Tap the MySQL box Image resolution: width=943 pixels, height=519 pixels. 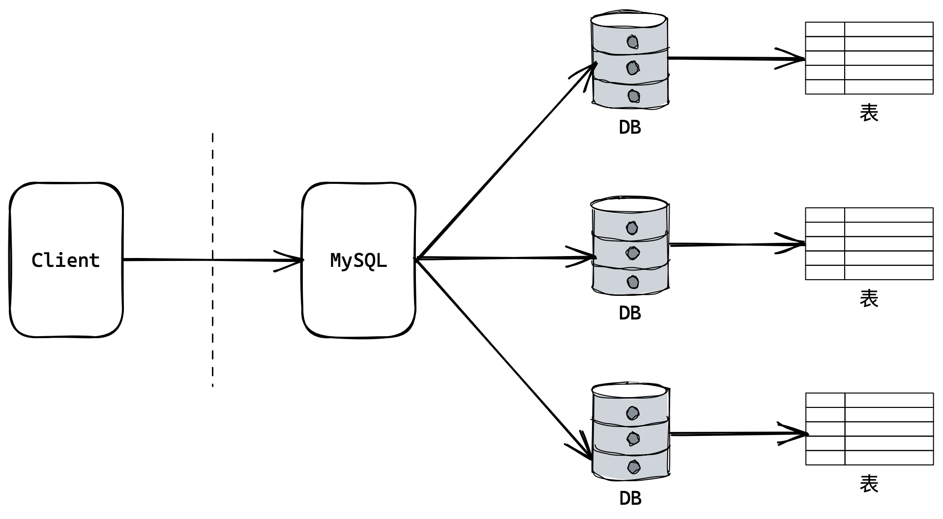coord(358,300)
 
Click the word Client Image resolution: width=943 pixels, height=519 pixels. coord(66,260)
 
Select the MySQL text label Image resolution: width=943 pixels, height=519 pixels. coord(358,260)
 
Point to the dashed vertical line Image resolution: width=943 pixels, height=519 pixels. coord(212,319)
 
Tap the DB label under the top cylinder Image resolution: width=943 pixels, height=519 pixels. coord(630,128)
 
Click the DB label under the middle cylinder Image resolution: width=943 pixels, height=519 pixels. coord(630,313)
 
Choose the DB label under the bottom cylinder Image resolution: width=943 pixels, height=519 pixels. coord(630,499)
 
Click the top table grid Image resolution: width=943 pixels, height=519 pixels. coord(869,58)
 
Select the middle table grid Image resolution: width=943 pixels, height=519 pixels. coord(869,244)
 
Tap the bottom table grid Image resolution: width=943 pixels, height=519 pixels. coord(869,429)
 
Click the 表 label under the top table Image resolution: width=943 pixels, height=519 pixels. coord(869,113)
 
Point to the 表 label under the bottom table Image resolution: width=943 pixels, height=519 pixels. coord(869,484)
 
